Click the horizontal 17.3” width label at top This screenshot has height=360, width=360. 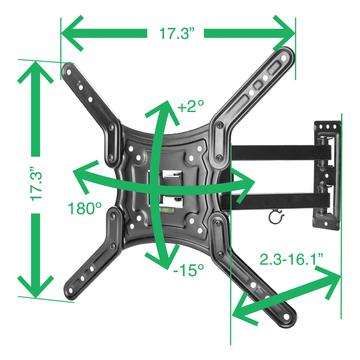coord(177,33)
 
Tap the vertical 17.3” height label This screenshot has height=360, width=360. coord(36,184)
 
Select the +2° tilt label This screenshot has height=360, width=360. coord(190,106)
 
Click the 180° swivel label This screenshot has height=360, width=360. coord(85,208)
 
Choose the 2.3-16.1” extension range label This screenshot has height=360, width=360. coord(291,259)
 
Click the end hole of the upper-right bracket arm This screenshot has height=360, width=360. coord(284,58)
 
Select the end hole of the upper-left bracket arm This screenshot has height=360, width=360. coord(69,73)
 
